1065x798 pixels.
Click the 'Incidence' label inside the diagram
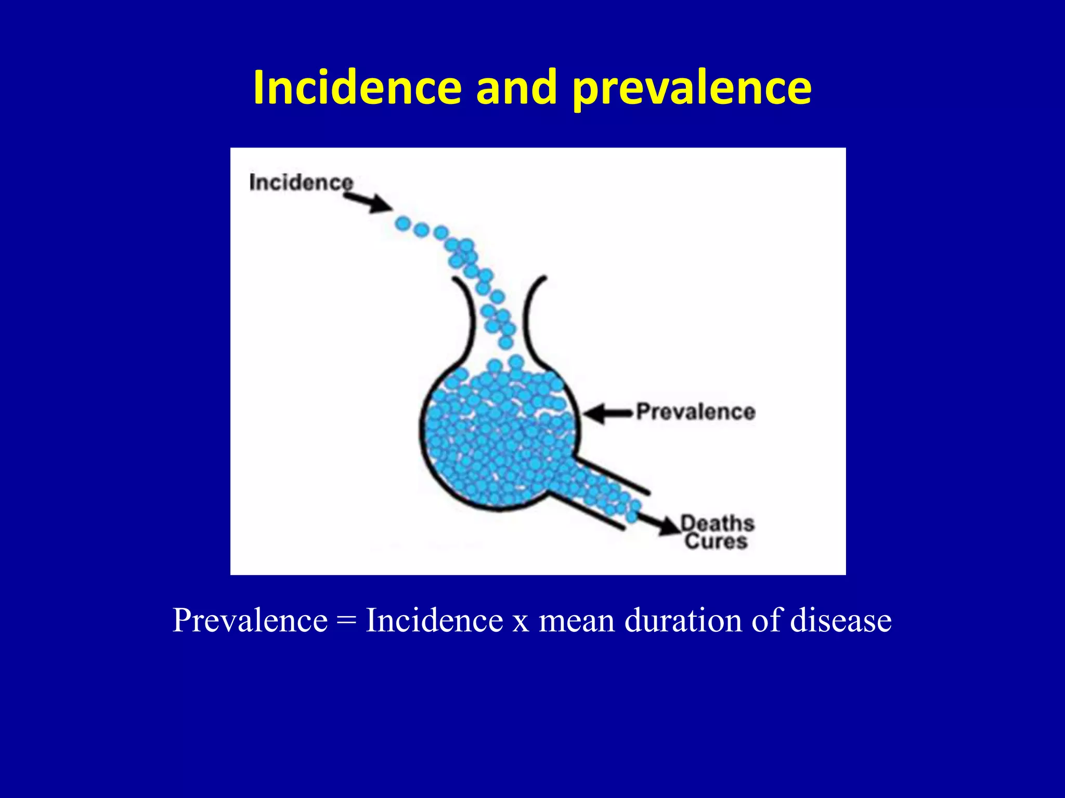(x=301, y=182)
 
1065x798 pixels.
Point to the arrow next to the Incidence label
(x=368, y=201)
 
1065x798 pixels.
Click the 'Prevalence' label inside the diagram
(x=696, y=411)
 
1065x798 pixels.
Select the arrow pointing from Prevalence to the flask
(x=608, y=414)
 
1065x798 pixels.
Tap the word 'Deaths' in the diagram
(x=718, y=523)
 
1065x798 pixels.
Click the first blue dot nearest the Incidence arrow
(x=402, y=224)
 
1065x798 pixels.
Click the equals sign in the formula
(x=346, y=620)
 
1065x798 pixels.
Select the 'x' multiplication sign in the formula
(x=521, y=621)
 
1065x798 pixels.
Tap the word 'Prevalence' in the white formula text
(x=250, y=620)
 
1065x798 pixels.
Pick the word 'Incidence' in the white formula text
(x=434, y=620)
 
